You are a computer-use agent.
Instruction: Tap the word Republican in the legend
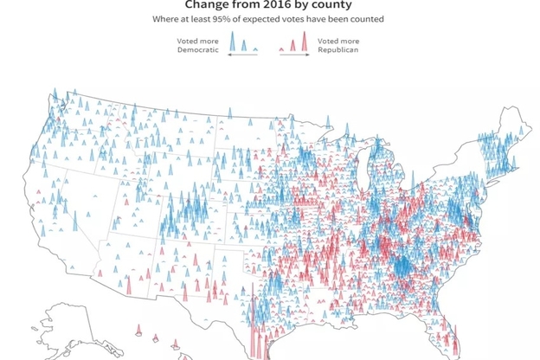click(x=338, y=49)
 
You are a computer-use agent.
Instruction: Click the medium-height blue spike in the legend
click(x=244, y=45)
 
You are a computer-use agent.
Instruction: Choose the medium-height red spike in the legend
click(x=293, y=45)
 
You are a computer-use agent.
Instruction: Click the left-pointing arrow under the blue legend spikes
click(x=231, y=55)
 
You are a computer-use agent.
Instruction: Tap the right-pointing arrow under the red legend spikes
click(x=305, y=55)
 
